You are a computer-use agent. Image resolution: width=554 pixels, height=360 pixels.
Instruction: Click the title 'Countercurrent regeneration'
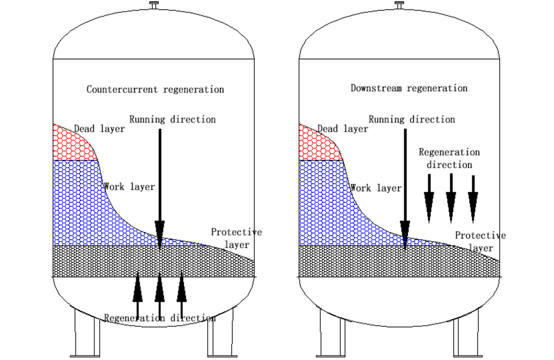[x=155, y=89]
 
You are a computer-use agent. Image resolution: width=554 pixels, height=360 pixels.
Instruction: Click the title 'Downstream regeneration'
[x=409, y=88]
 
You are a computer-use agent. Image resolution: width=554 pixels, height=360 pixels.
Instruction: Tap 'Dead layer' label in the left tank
[x=100, y=129]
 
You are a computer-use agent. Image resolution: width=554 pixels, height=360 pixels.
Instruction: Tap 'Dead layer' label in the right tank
[x=343, y=129]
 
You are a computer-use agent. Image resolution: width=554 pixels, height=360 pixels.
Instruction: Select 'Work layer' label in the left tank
[x=129, y=187]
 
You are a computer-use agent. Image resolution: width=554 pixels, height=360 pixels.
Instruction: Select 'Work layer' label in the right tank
[x=376, y=188]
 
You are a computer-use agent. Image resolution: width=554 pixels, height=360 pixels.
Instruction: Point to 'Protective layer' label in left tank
[x=237, y=238]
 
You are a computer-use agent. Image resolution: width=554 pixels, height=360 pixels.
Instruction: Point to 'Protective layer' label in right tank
[x=480, y=241]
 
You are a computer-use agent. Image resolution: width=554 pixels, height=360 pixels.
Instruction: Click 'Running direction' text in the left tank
[x=172, y=119]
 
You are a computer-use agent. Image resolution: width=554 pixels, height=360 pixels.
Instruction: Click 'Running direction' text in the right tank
[x=412, y=119]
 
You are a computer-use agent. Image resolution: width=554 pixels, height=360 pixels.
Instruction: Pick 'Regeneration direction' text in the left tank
[x=160, y=318]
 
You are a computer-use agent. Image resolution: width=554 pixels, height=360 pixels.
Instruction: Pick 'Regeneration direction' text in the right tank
[x=449, y=158]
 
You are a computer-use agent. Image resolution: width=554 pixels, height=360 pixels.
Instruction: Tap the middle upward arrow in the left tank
[x=160, y=294]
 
